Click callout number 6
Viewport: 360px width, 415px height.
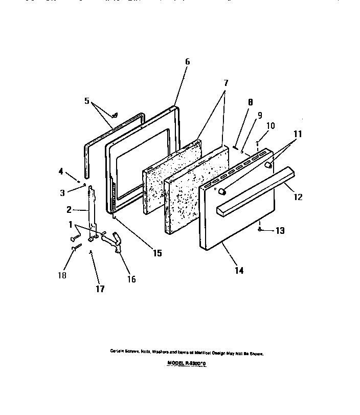click(x=187, y=61)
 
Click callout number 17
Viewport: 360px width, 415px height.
click(x=100, y=289)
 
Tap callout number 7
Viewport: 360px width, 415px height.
click(x=226, y=82)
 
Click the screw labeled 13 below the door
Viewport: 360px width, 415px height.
click(x=260, y=230)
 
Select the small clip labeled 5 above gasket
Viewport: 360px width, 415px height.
click(x=115, y=115)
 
